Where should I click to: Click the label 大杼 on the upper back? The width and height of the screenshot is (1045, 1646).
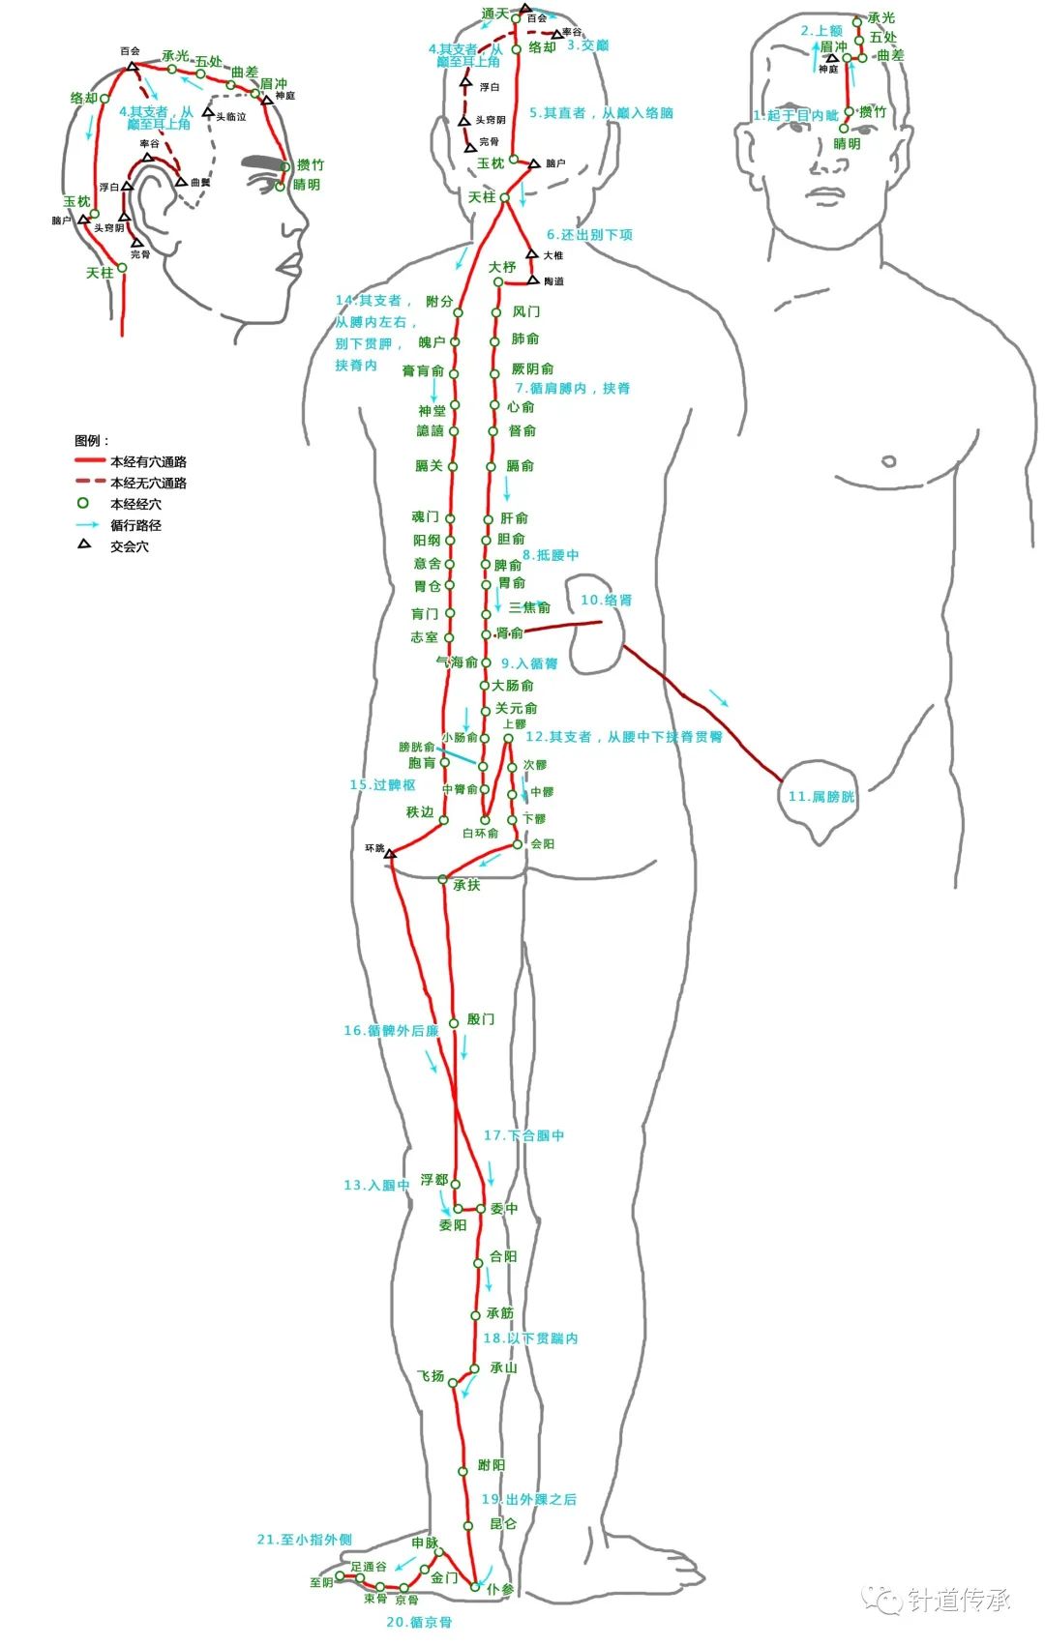501,267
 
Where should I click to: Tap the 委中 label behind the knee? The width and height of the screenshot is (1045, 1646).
504,1209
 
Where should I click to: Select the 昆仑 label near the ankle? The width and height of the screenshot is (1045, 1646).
503,1524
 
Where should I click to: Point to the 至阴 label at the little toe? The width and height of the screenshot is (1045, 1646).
321,1583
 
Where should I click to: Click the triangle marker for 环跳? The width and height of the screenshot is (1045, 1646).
390,854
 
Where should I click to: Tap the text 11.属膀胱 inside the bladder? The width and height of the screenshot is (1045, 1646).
821,797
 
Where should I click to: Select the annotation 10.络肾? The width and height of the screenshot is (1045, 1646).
606,601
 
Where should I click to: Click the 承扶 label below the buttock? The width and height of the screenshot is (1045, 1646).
466,885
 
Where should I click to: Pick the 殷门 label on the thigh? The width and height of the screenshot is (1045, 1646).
480,1019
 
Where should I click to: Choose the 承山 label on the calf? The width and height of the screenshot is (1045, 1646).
503,1368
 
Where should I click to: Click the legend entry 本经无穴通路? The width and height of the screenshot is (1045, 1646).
148,484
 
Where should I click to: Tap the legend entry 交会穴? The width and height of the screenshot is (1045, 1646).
130,547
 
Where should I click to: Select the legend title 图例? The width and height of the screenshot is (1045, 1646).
92,441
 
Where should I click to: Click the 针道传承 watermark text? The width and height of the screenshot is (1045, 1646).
959,1601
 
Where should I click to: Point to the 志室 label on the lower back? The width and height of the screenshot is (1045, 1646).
424,637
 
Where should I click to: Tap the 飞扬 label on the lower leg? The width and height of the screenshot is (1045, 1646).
431,1376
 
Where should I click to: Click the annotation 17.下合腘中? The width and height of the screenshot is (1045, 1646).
523,1135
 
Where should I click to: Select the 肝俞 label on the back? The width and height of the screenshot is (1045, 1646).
514,519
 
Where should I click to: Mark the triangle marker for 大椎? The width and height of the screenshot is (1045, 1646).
531,253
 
